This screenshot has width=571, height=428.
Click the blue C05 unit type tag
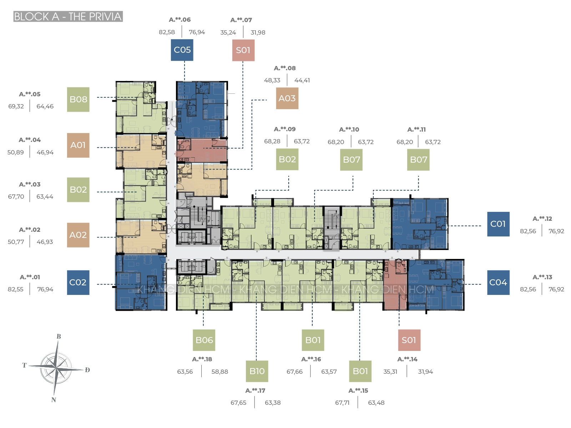(x=182, y=50)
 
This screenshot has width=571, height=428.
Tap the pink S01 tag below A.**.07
(x=243, y=50)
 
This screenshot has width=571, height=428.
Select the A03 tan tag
(x=287, y=98)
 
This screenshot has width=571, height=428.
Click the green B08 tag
(x=78, y=100)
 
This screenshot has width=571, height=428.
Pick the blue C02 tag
(x=78, y=282)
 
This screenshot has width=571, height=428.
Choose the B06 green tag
(x=204, y=340)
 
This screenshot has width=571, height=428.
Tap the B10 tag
(x=257, y=371)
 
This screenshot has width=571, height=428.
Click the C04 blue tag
(x=498, y=282)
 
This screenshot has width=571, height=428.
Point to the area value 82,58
(x=167, y=32)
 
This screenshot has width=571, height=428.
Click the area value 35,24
(x=228, y=32)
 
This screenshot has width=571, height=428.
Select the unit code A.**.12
(x=542, y=219)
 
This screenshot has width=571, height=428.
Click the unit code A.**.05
(x=30, y=94)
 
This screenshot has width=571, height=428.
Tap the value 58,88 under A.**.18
(x=219, y=372)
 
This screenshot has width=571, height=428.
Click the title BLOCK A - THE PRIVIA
(x=68, y=17)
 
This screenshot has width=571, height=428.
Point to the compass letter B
(x=59, y=336)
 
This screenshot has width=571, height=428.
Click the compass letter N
(x=54, y=400)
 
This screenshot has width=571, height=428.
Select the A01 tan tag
(x=78, y=145)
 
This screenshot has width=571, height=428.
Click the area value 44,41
(x=302, y=81)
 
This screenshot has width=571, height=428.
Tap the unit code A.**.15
(x=358, y=391)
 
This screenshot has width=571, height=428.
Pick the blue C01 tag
(x=498, y=224)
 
